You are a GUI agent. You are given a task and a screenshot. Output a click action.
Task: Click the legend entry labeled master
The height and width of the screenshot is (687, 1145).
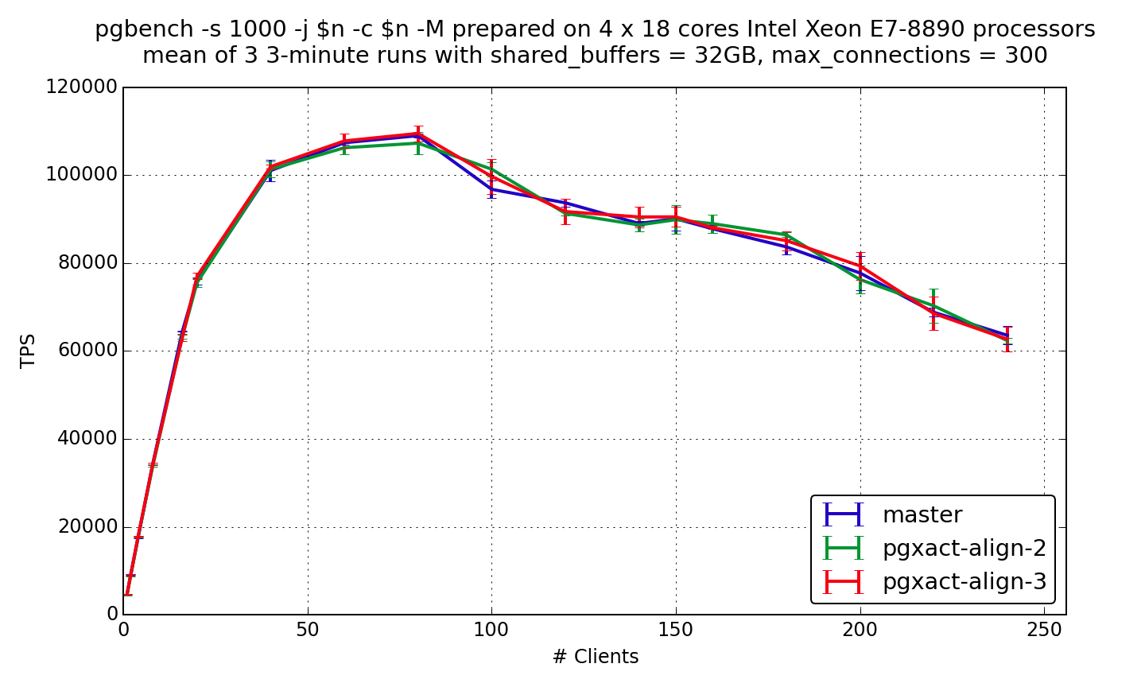click(922, 515)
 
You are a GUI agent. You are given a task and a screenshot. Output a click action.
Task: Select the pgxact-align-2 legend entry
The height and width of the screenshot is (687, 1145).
click(964, 549)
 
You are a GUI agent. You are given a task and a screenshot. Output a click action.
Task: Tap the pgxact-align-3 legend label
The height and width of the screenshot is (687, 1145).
click(964, 582)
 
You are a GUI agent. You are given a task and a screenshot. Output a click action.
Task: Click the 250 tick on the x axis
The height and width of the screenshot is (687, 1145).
click(1044, 630)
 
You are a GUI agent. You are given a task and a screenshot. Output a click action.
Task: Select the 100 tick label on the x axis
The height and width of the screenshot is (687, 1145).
click(491, 630)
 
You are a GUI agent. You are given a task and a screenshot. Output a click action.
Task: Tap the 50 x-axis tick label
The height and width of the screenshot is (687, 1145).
click(308, 630)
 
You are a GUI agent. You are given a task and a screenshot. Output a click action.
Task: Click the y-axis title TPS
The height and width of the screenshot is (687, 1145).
click(29, 351)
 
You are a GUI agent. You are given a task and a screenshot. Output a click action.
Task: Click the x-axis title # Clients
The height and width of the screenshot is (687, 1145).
click(595, 657)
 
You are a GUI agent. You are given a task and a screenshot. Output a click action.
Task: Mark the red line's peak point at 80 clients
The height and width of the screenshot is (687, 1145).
click(418, 134)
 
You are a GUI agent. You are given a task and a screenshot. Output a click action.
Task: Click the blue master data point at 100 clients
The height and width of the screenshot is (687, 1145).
click(491, 189)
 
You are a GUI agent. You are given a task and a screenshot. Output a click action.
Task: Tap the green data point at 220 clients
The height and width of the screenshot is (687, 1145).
click(933, 305)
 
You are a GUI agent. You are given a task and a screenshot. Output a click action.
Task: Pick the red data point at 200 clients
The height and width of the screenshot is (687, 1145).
click(860, 266)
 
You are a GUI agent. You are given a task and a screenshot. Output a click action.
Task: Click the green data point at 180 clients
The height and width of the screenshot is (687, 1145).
click(786, 235)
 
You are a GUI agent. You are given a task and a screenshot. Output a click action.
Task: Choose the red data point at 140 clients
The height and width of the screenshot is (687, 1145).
click(639, 216)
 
